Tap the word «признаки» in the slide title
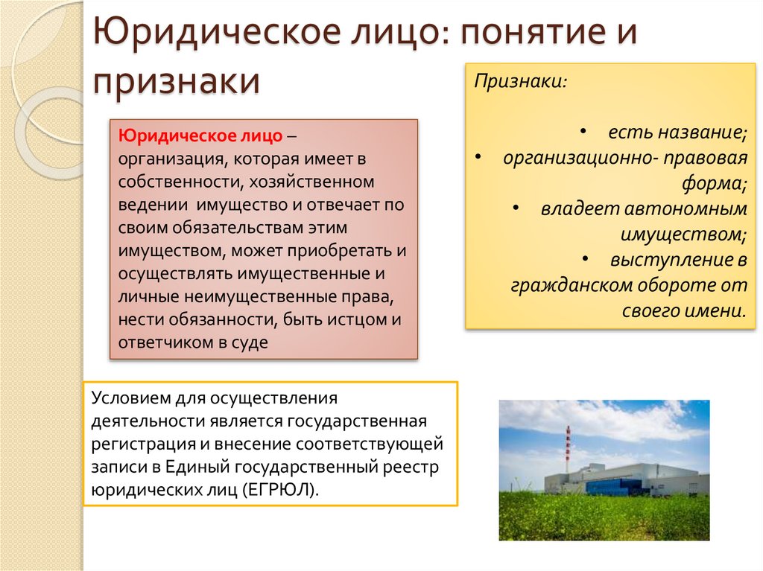177,81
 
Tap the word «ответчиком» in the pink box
164,343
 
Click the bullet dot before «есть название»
587,132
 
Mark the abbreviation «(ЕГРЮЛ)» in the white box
287,491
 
